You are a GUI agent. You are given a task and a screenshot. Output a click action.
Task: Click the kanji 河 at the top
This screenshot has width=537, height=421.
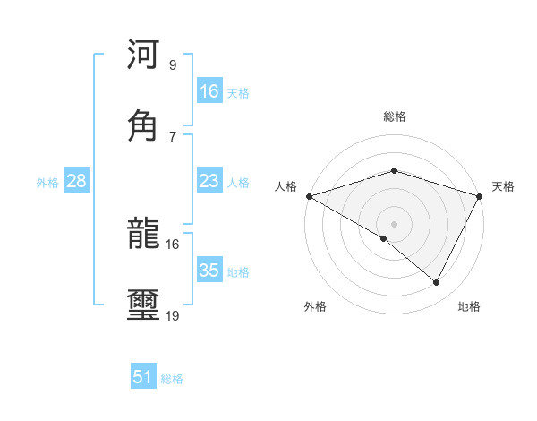(x=143, y=55)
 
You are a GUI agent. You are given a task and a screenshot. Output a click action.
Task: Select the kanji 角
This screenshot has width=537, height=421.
(x=143, y=125)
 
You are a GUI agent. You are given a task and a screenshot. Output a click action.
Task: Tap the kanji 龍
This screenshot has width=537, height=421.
(x=143, y=236)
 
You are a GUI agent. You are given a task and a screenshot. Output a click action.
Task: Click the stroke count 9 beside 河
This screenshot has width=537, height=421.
(x=173, y=64)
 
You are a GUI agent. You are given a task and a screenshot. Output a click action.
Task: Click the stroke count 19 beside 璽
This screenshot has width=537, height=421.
(x=173, y=315)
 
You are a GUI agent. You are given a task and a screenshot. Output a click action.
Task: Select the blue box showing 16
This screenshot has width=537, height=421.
(x=209, y=91)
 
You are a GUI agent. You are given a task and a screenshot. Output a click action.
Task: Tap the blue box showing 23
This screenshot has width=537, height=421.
(x=209, y=181)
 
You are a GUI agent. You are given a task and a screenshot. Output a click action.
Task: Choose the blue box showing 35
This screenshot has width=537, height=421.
(x=209, y=271)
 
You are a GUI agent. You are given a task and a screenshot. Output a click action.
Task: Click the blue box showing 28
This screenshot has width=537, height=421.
(x=77, y=181)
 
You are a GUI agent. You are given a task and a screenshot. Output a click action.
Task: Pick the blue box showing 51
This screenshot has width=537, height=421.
(x=143, y=377)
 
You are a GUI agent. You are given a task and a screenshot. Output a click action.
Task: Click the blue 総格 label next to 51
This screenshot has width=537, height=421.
(x=172, y=379)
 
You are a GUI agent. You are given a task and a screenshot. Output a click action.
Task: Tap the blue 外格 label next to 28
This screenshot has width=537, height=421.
(x=47, y=183)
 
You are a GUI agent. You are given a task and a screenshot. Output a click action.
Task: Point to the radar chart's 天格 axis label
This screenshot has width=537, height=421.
(x=504, y=186)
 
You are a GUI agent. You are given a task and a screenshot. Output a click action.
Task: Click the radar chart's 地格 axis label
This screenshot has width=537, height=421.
(x=469, y=306)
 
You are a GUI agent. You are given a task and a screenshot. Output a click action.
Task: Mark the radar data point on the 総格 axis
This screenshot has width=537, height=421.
(x=394, y=170)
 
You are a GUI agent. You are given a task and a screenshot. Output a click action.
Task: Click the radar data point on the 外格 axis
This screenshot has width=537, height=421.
(x=384, y=238)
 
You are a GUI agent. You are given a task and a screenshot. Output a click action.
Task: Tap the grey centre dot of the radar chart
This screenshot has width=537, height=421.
(x=394, y=224)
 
